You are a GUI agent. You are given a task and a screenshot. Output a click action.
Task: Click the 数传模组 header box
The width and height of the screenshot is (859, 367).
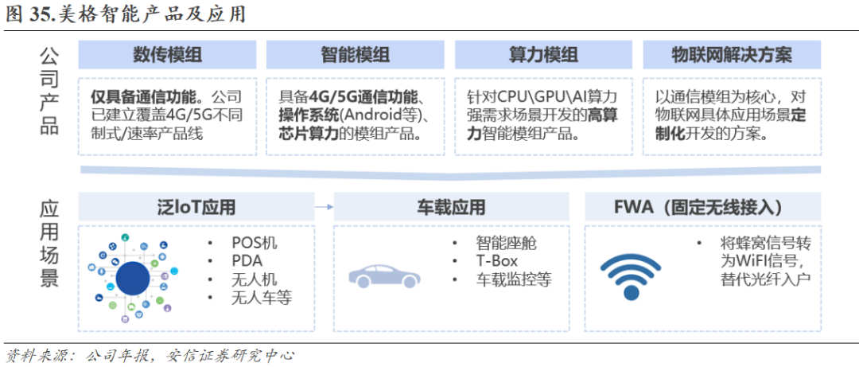[167, 54]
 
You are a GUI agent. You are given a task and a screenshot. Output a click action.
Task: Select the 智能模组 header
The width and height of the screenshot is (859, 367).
[355, 54]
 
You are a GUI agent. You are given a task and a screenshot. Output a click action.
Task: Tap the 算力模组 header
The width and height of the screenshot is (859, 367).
[543, 54]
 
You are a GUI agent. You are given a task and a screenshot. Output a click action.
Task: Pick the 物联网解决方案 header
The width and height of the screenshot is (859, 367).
[731, 54]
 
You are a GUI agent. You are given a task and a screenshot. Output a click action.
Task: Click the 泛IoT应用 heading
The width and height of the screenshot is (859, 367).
[196, 208]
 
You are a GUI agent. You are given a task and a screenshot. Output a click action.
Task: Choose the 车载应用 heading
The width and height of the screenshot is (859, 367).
[451, 208]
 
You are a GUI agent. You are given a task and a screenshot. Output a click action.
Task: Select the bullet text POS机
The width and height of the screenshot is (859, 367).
[255, 243]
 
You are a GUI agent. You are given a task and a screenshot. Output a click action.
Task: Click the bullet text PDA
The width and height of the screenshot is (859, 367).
[247, 261]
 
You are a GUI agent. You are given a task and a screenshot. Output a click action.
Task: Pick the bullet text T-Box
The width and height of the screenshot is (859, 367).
[496, 261]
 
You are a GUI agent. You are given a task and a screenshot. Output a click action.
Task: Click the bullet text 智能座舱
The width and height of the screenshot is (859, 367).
[506, 243]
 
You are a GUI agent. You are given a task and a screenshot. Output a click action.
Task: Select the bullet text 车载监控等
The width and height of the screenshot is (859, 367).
[513, 279]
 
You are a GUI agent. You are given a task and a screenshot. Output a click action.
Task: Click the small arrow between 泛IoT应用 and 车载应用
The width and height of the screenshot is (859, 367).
[323, 208]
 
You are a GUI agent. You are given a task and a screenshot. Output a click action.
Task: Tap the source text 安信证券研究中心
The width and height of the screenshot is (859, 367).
[230, 354]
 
